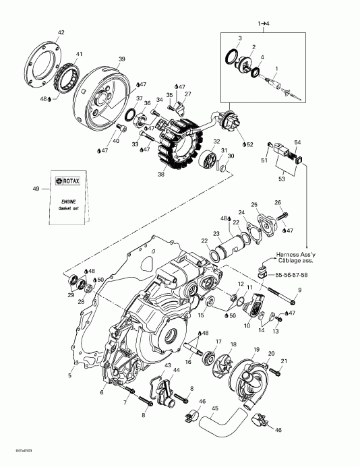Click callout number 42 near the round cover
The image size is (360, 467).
pos(61,32)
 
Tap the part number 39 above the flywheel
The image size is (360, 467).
pos(121,59)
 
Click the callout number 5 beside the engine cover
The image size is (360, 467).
pos(70,375)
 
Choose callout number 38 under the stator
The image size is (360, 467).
pos(161,174)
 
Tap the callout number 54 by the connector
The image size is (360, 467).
pos(297,142)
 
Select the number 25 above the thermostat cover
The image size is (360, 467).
pos(254,204)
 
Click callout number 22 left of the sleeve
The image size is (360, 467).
pos(204,241)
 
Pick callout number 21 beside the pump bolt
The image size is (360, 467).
pos(284,361)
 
